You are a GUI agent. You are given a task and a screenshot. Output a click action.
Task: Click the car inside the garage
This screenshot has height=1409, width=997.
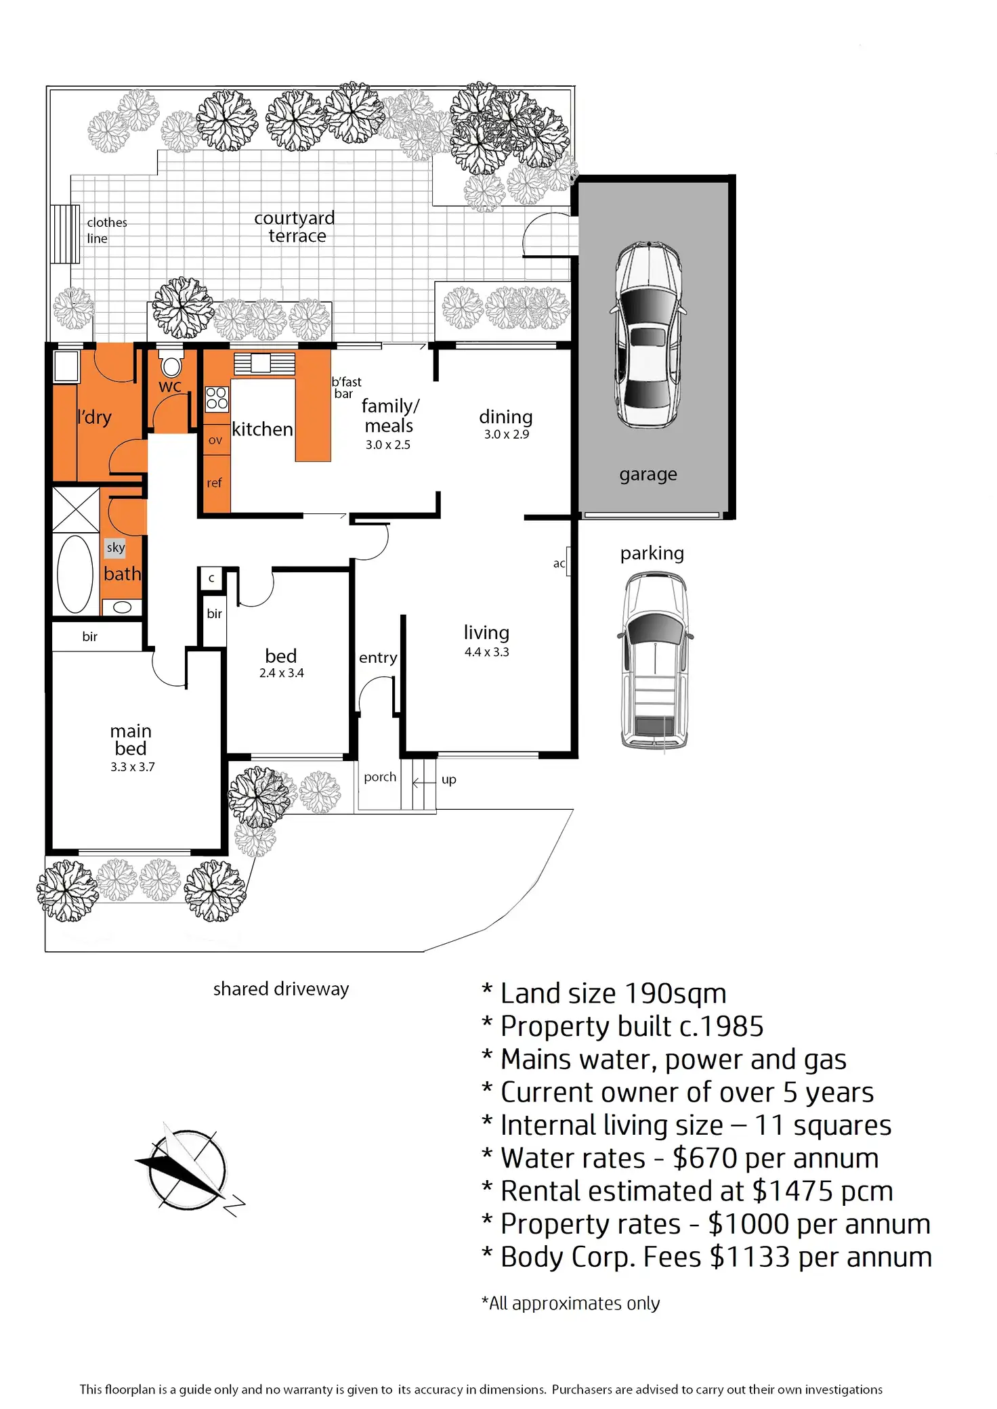pos(648,334)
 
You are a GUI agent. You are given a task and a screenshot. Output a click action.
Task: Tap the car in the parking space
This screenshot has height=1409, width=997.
pos(655,660)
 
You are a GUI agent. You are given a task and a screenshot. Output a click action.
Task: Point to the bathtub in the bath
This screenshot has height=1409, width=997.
pos(75,574)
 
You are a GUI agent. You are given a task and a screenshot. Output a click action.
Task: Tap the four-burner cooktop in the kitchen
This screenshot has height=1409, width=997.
pos(217,399)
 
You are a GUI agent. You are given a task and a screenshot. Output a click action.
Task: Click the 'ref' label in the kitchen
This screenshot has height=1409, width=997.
pos(214,483)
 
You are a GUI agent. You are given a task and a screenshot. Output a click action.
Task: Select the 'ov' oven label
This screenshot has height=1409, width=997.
pos(215,440)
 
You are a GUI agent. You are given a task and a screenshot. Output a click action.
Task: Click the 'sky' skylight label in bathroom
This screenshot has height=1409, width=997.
pos(116,547)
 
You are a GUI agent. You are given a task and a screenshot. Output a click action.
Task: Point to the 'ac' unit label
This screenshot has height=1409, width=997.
pos(559,563)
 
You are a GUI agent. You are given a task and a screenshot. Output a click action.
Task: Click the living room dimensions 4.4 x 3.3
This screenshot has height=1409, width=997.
pos(486,652)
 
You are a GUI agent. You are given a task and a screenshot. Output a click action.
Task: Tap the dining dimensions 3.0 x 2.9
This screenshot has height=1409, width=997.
pos(506,434)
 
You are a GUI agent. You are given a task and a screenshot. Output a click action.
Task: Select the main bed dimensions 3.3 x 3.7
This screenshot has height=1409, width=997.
pos(133,767)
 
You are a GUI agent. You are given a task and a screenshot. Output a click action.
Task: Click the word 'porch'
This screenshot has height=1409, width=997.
pos(380,777)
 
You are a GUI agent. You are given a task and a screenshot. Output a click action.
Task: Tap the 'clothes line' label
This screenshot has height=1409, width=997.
pos(106,230)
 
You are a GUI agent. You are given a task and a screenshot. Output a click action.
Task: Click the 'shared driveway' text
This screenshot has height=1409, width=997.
pos(281,989)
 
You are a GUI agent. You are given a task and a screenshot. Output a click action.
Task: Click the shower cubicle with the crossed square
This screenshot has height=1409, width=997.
pos(76,510)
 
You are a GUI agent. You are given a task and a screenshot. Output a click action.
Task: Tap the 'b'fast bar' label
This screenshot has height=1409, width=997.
pos(346,388)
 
